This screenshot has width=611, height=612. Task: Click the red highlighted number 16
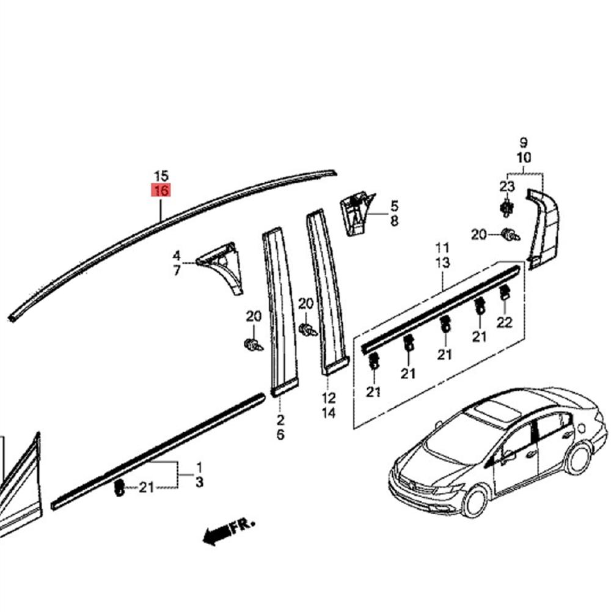click(x=162, y=191)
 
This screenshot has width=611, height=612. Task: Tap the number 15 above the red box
click(x=162, y=176)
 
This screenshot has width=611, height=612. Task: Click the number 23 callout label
click(x=507, y=186)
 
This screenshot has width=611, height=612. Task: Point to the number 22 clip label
click(x=504, y=323)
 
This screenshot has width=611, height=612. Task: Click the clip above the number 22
click(x=505, y=293)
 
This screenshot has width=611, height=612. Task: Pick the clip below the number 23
click(x=506, y=208)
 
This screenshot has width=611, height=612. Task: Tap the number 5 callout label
click(x=394, y=206)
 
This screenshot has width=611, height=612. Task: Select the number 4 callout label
click(x=177, y=255)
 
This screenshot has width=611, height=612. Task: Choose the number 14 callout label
click(x=329, y=413)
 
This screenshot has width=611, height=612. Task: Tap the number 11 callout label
click(x=442, y=248)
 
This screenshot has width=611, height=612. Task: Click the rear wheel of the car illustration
click(x=577, y=459)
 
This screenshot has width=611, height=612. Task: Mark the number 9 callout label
click(x=524, y=143)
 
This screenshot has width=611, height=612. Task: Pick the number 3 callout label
click(x=199, y=483)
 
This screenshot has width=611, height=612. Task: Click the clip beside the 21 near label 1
click(x=120, y=487)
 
